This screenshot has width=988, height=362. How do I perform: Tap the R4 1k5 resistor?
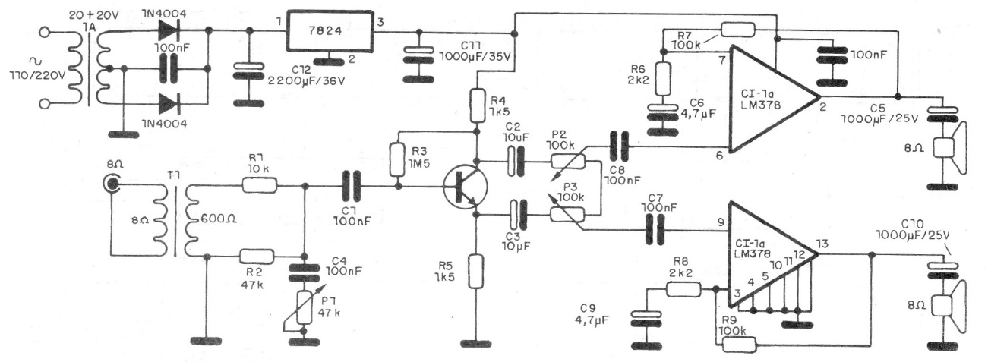pos(477,105)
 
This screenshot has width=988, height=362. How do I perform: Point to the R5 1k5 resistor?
pos(477,271)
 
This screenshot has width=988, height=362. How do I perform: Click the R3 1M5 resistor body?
pos(396,159)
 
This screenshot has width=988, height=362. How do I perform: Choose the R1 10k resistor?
pos(259,184)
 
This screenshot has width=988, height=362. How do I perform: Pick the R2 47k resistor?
pos(259,257)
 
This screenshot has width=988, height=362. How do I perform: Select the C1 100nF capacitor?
pos(349,184)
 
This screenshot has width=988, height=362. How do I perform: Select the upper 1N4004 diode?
pos(171,31)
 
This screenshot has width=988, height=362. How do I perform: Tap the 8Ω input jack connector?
pos(113,183)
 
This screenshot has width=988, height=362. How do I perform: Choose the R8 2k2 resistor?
pos(683,288)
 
